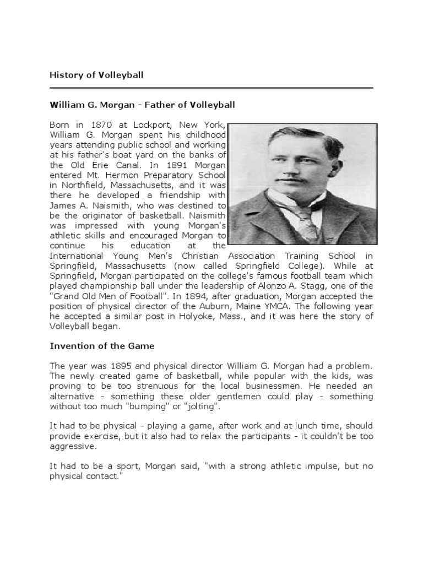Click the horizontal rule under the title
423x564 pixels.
[x=211, y=88]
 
